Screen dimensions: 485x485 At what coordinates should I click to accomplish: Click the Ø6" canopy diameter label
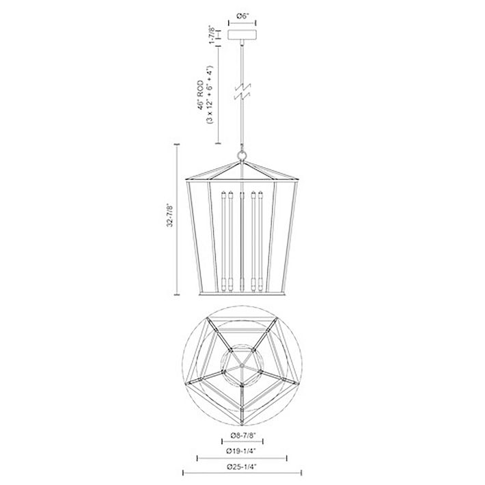242,16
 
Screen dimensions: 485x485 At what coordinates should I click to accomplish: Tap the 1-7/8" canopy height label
212,34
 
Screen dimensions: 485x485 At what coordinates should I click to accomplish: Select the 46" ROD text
201,95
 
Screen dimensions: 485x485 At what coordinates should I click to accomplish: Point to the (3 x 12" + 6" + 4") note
210,95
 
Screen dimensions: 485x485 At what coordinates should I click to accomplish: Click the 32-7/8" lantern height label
170,215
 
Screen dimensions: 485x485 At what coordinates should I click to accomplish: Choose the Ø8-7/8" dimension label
243,436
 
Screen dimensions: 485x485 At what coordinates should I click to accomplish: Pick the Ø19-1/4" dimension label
242,451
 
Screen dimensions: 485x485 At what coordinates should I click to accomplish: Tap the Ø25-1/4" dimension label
242,467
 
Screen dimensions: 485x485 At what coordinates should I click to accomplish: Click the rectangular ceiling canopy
242,35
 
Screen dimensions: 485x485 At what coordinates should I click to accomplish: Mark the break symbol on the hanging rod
242,92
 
